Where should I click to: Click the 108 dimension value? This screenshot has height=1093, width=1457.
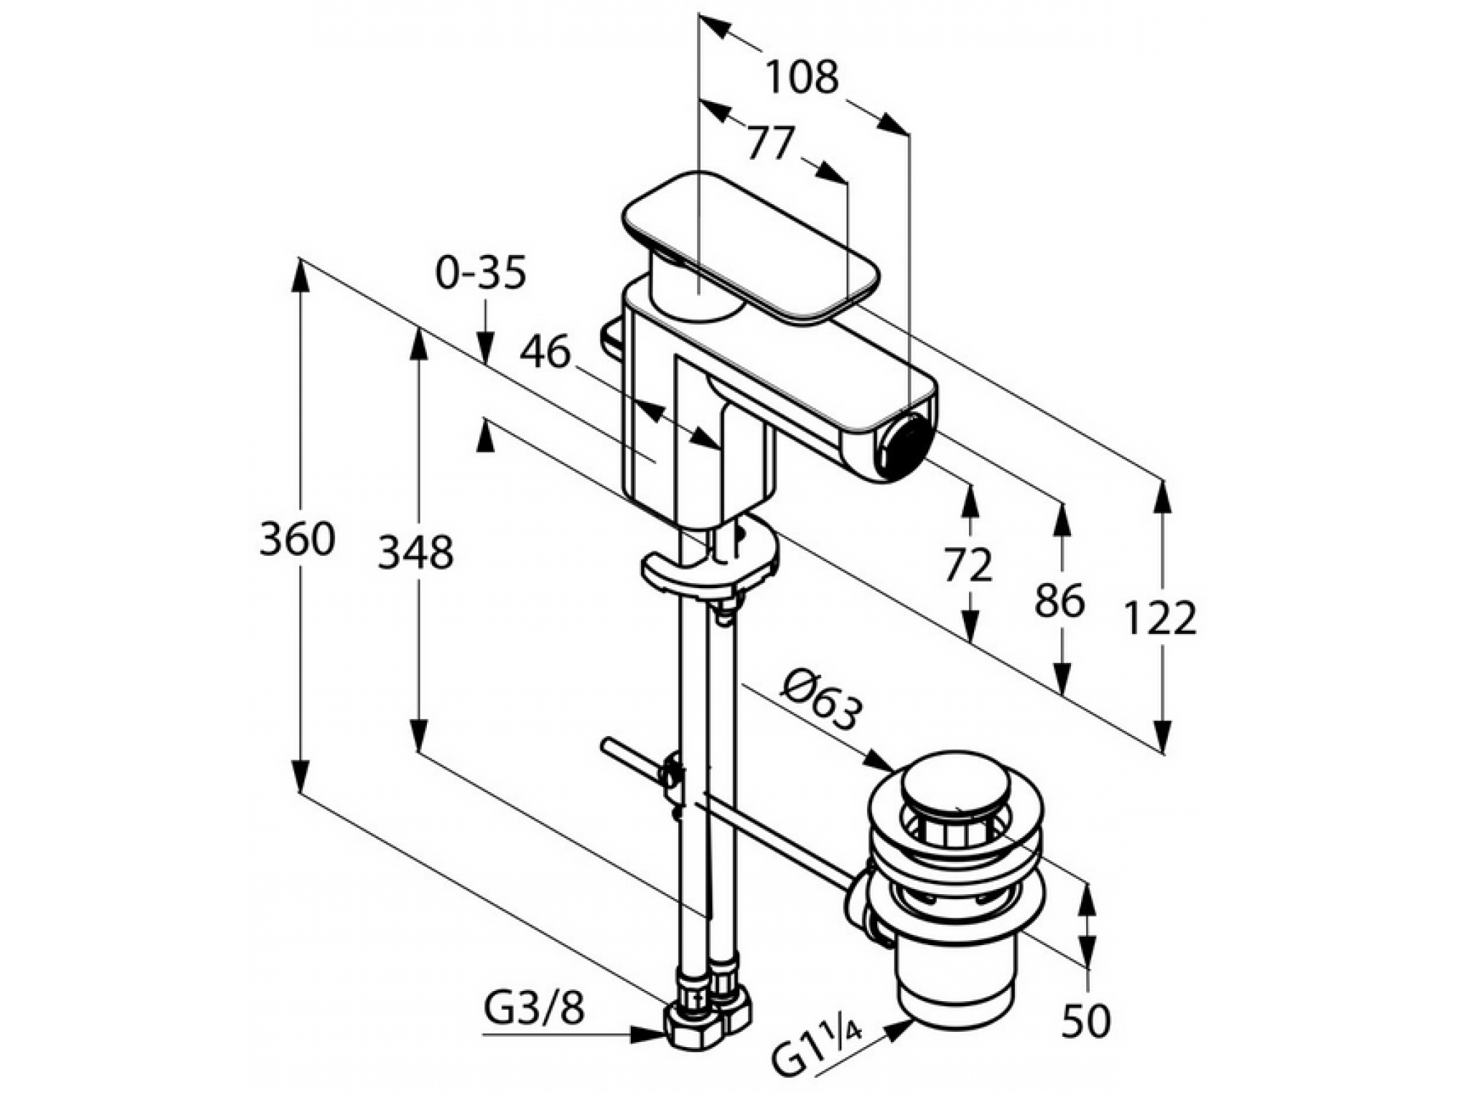point(802,77)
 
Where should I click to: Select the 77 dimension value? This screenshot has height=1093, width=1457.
point(770,143)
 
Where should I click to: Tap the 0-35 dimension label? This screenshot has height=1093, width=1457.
point(481,273)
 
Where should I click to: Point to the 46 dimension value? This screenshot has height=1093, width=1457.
point(544,353)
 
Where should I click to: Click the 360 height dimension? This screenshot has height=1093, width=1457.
point(297,540)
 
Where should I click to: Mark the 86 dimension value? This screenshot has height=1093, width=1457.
point(1060,601)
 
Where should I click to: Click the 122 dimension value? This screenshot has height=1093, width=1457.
point(1160,618)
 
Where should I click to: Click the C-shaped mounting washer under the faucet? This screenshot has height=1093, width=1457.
point(710,563)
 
